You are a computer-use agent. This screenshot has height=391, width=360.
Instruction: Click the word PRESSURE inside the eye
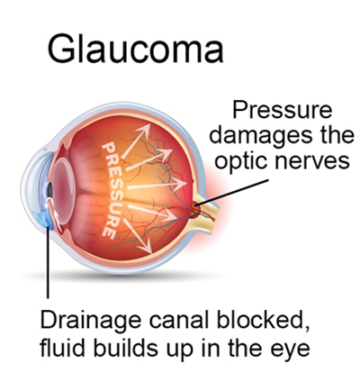click(x=112, y=190)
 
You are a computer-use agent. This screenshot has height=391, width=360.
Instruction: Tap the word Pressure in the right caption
click(x=283, y=110)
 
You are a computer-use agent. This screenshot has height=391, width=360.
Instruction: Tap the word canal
click(x=178, y=320)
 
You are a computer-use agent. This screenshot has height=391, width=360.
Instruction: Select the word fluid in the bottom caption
click(x=61, y=348)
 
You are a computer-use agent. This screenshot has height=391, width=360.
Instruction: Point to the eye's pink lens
click(x=64, y=190)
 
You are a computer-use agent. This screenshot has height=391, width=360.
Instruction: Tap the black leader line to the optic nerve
click(x=231, y=193)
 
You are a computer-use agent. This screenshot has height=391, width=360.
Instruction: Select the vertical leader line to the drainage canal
click(x=48, y=262)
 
